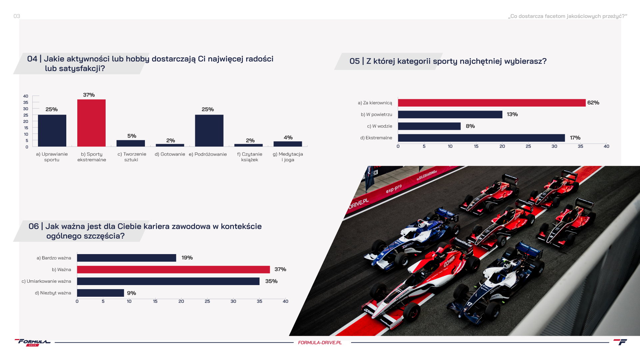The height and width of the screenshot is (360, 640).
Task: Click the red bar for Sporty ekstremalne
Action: click(91, 123)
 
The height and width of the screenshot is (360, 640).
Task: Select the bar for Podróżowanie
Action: click(209, 131)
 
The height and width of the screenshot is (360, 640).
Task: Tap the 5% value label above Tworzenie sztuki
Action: click(132, 136)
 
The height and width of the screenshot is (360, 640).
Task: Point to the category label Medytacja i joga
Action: click(288, 157)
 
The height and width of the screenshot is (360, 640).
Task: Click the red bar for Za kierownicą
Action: click(492, 103)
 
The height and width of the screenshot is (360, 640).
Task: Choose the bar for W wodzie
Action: click(429, 126)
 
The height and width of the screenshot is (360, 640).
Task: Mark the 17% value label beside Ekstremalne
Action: click(575, 138)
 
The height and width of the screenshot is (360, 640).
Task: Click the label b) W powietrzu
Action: click(376, 115)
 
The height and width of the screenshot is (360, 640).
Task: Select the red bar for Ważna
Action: click(174, 269)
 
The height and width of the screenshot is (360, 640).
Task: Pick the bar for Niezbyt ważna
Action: click(101, 293)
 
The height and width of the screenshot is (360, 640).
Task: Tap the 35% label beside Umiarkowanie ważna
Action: click(272, 281)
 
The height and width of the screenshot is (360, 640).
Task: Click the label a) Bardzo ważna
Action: click(54, 258)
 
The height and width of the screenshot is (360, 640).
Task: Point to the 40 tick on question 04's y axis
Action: click(26, 96)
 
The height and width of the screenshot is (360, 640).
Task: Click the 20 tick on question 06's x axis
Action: click(181, 301)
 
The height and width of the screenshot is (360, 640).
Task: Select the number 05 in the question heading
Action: click(354, 61)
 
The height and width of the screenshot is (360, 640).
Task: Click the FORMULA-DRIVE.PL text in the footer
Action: click(320, 343)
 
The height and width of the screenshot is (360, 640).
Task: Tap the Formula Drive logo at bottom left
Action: click(33, 342)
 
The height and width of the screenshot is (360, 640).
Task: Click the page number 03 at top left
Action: click(17, 16)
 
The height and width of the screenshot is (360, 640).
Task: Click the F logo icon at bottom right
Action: click(620, 342)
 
